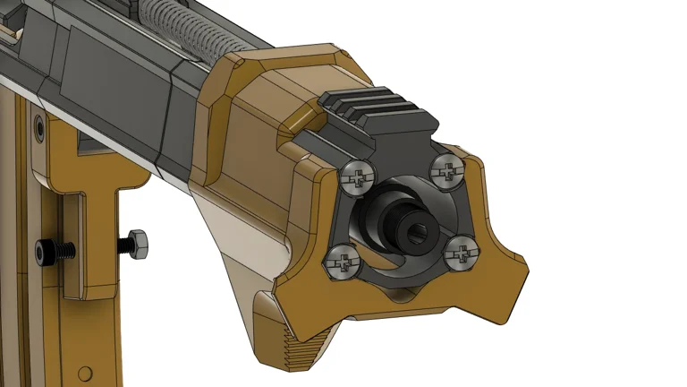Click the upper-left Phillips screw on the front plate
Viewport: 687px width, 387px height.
357,178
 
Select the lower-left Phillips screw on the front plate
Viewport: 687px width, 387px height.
341,262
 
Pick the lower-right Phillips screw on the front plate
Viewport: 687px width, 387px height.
460,254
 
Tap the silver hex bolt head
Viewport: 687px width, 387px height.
136,242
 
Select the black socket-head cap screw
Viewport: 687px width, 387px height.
45,251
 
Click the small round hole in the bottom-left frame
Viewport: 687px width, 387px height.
85,373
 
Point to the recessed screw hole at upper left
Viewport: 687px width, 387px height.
37,131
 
